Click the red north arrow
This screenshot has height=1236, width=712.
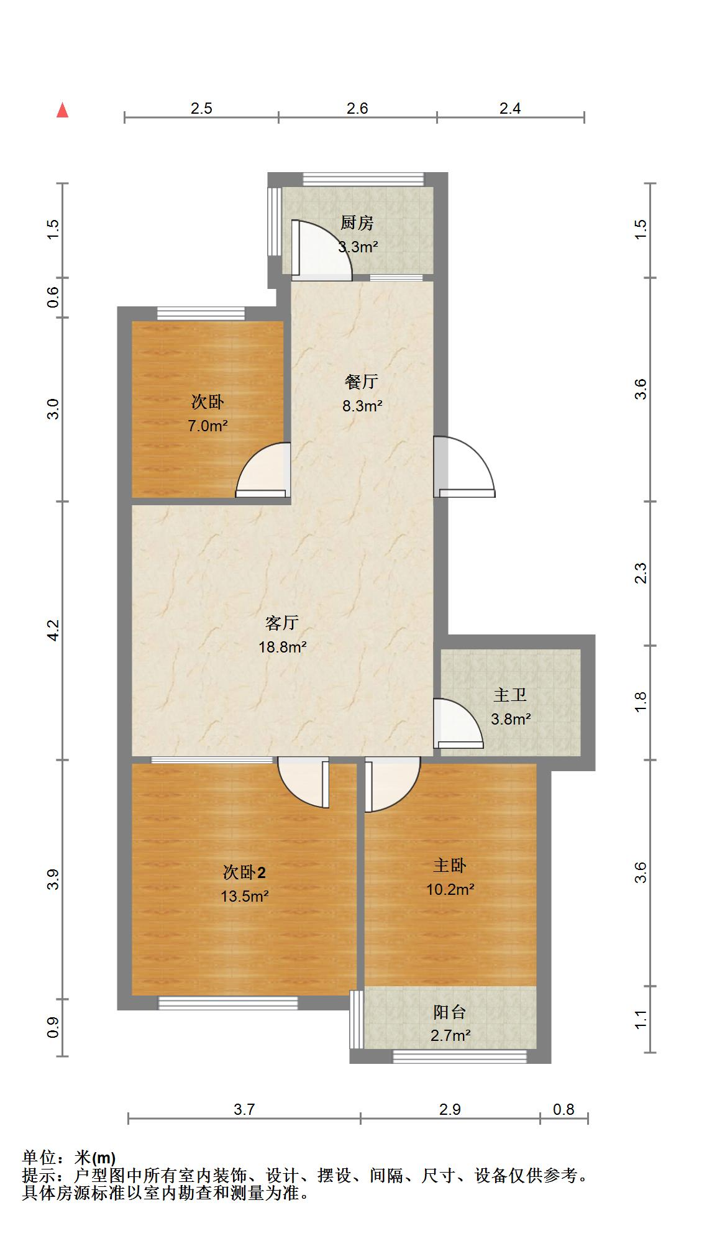pyautogui.click(x=62, y=110)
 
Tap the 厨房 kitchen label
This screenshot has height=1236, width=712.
pyautogui.click(x=357, y=222)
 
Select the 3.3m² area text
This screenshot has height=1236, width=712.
pyautogui.click(x=358, y=247)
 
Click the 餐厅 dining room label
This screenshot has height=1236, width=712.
pyautogui.click(x=362, y=381)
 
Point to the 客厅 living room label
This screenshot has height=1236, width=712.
pyautogui.click(x=282, y=622)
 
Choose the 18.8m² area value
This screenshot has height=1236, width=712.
pyautogui.click(x=283, y=647)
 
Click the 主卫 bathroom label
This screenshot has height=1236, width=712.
pyautogui.click(x=510, y=694)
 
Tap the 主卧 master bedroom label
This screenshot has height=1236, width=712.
pyautogui.click(x=450, y=865)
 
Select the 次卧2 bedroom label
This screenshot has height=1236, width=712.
pyautogui.click(x=244, y=872)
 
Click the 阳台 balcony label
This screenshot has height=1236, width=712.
pyautogui.click(x=450, y=1012)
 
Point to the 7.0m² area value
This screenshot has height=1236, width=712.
pyautogui.click(x=208, y=426)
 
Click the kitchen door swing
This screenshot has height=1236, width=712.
pyautogui.click(x=321, y=248)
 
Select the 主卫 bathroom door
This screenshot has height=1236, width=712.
pyautogui.click(x=458, y=724)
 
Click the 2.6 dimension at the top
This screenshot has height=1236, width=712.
pyautogui.click(x=357, y=109)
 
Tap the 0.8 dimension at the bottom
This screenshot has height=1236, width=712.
pyautogui.click(x=564, y=1109)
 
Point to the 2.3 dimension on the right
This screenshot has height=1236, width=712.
pyautogui.click(x=641, y=573)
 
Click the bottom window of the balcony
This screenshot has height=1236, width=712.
pyautogui.click(x=460, y=1056)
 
